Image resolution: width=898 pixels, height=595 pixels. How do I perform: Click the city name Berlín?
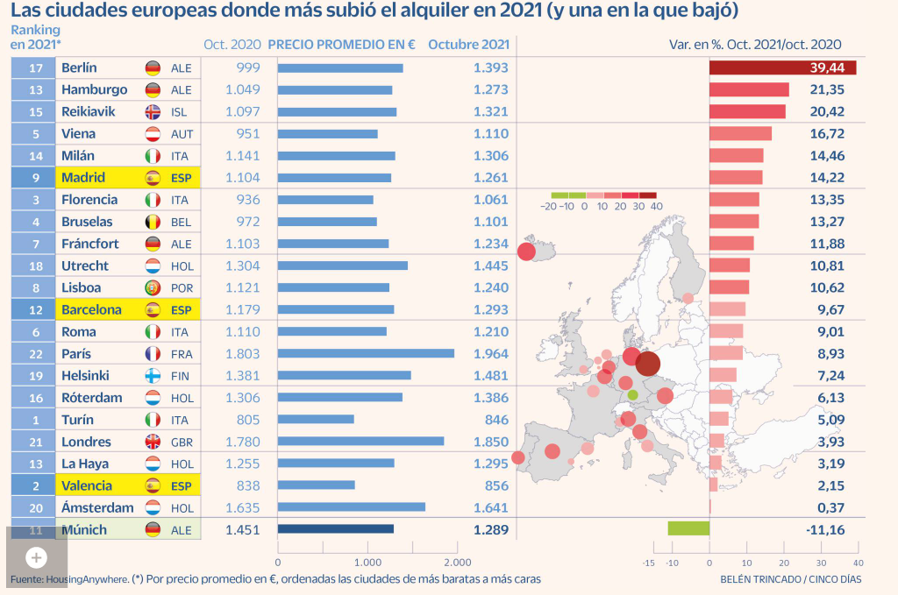coord(79,67)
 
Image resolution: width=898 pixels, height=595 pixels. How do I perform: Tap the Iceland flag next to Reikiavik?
coord(153,111)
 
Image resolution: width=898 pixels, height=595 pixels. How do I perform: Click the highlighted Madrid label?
coord(84,177)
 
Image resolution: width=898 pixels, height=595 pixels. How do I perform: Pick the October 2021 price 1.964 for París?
coord(490,353)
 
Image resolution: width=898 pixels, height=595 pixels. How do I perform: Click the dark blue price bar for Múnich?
coord(335,529)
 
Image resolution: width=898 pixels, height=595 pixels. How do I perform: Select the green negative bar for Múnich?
coord(688,528)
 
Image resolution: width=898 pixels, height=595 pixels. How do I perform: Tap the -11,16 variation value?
coord(823,529)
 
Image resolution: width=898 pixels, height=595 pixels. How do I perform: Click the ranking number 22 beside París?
coord(36,353)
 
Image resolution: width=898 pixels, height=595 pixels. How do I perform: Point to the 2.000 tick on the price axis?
coord(457,563)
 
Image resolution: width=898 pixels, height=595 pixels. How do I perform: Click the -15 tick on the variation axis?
coord(649,563)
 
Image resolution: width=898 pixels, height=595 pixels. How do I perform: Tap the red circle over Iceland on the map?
coord(526,252)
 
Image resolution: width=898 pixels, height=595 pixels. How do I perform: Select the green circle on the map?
coord(633,395)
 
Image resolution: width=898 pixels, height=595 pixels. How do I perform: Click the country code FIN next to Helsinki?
coord(181,375)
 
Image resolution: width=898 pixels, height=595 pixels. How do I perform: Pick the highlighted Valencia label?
coord(86,485)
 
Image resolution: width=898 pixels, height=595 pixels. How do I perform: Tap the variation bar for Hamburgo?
coord(749,89)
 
